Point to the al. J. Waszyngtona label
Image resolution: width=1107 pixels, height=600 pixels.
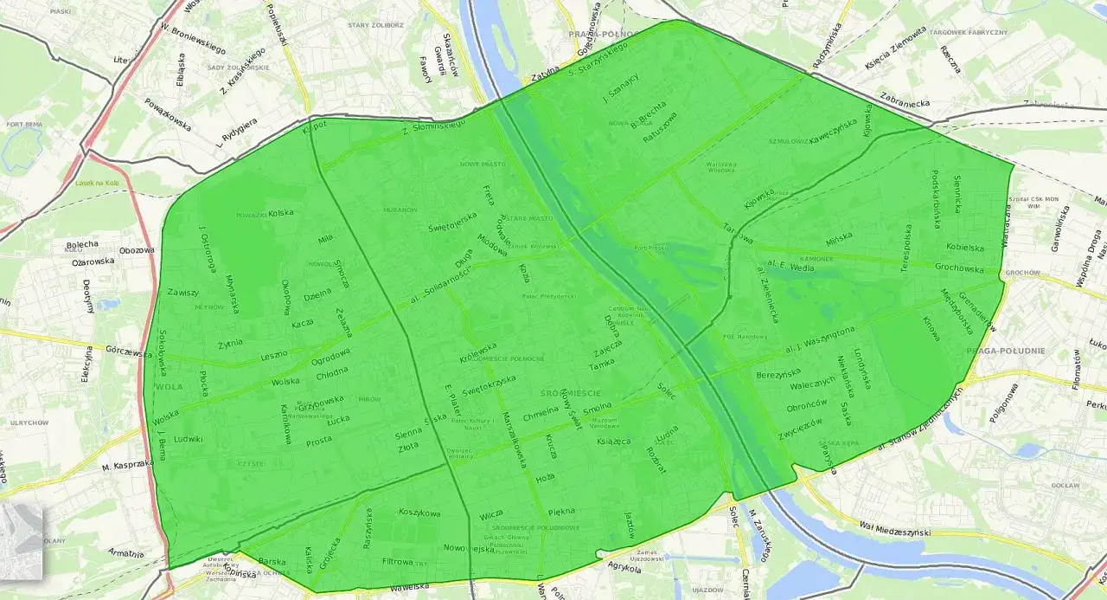click(819, 341)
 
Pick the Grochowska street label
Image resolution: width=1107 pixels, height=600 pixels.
click(960, 268)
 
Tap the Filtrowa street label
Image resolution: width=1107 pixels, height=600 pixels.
click(398, 561)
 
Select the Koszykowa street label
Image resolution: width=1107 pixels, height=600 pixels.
click(419, 513)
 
